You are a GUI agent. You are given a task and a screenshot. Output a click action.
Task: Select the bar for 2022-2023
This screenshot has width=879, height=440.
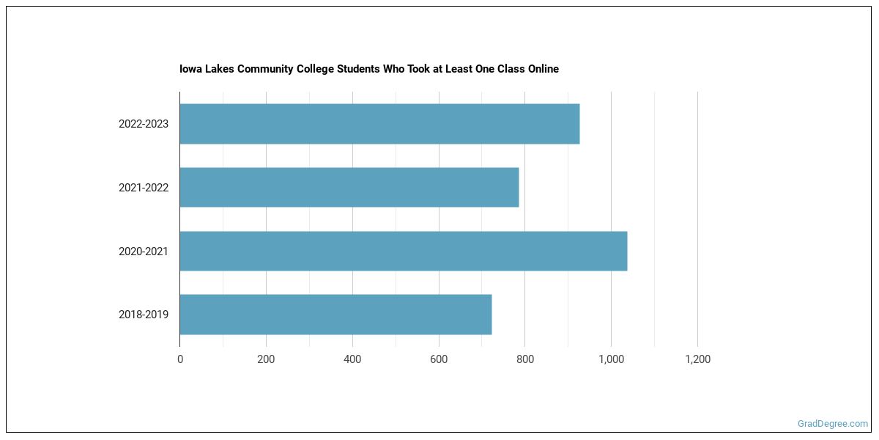[x=379, y=124]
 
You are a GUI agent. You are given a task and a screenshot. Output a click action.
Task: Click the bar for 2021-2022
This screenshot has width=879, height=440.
[x=349, y=188]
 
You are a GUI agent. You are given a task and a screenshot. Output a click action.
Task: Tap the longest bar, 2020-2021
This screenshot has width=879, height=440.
[x=404, y=251]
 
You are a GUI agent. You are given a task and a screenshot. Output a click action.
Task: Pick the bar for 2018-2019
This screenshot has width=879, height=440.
[x=335, y=314]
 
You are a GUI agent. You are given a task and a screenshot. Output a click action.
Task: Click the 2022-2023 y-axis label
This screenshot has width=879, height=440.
[x=144, y=124]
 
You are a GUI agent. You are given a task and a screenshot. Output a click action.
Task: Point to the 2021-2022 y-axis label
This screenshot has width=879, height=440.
[x=144, y=188]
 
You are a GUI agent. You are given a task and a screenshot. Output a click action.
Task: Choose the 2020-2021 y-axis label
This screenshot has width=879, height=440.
[x=144, y=252]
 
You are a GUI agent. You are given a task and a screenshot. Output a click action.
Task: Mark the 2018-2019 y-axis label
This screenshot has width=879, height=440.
[x=144, y=315]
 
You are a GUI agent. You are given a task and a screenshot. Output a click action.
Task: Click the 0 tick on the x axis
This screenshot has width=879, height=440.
[x=180, y=359]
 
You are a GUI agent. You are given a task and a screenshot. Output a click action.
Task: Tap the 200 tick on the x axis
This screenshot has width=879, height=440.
[x=266, y=359]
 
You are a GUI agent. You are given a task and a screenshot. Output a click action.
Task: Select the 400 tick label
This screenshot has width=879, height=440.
[x=352, y=359]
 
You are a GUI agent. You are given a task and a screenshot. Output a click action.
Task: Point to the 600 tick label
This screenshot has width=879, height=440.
[x=439, y=359]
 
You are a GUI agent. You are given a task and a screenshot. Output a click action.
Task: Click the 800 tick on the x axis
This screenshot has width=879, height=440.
[x=525, y=359]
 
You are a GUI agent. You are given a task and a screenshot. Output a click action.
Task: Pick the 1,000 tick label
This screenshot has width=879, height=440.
[x=612, y=359]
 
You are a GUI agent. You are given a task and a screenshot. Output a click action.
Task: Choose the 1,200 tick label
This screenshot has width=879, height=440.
[x=697, y=359]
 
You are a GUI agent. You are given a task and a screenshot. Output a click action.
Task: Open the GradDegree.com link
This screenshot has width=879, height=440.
[x=832, y=424]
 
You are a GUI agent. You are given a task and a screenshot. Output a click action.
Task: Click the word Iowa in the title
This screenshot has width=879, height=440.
[x=190, y=69]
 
